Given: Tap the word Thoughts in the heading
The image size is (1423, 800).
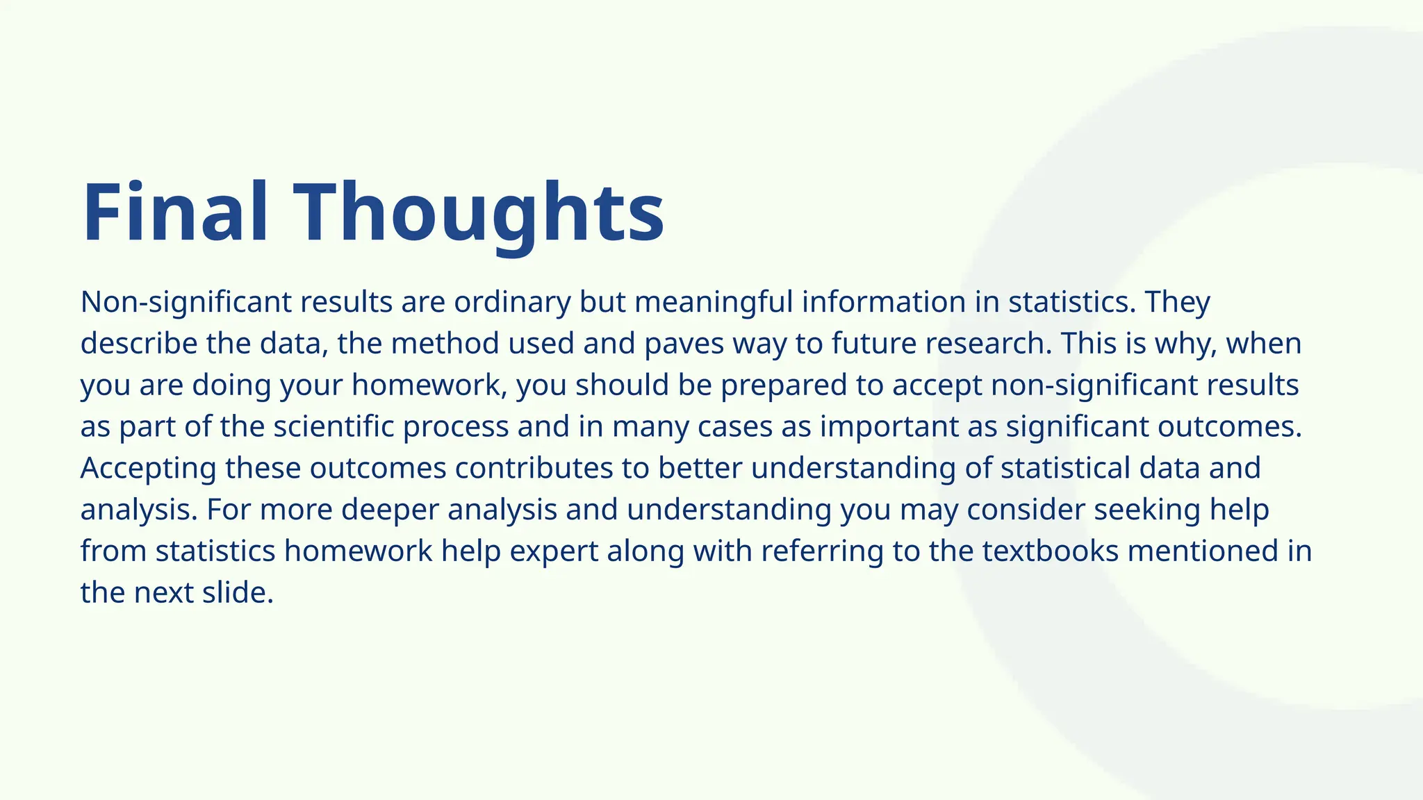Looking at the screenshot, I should coord(479,212).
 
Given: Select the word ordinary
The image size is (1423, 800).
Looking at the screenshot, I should coord(512,302).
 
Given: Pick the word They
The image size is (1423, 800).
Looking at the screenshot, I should coord(1178,302).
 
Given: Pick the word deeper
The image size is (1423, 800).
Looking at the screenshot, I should coord(390,510).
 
